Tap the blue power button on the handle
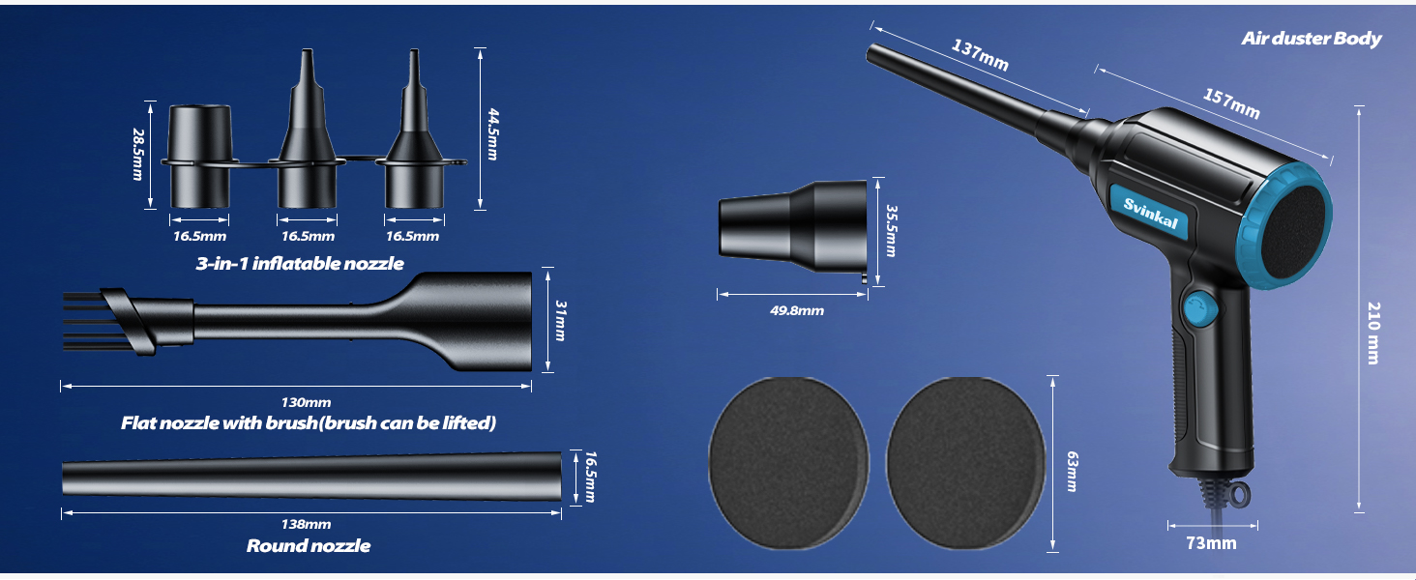pyautogui.click(x=1197, y=309)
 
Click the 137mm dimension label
pyautogui.click(x=980, y=55)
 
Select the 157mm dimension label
pyautogui.click(x=1231, y=103)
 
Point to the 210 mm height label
pyautogui.click(x=1374, y=333)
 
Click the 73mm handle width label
pyautogui.click(x=1211, y=542)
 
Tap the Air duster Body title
pyautogui.click(x=1312, y=39)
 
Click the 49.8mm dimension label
pyautogui.click(x=797, y=310)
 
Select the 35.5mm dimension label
pyautogui.click(x=892, y=231)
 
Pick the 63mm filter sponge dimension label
pyautogui.click(x=1072, y=472)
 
